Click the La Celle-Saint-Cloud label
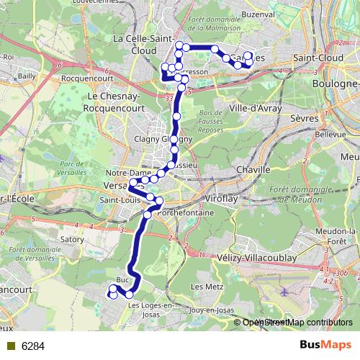[x=142, y=44]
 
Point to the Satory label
[x=72, y=239]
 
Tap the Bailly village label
[x=27, y=74]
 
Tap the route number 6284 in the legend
[x=33, y=346]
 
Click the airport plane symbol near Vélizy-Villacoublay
[x=286, y=292]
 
